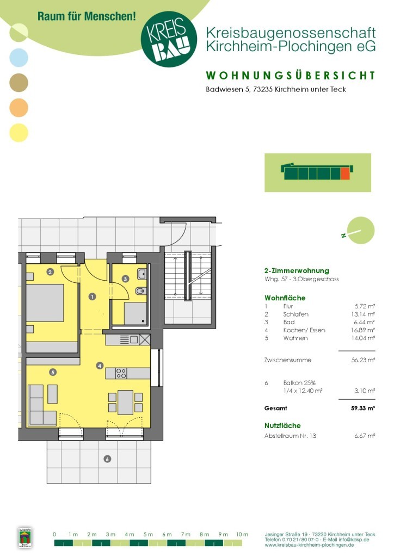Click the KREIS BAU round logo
click(169, 39)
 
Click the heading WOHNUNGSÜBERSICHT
click(291, 76)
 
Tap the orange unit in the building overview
click(346, 174)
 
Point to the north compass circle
click(361, 231)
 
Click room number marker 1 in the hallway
click(93, 296)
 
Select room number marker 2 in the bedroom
click(50, 272)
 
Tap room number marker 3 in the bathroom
click(125, 279)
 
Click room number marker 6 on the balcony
click(107, 459)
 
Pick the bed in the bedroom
click(45, 302)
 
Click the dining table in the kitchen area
click(125, 403)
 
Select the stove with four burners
click(121, 373)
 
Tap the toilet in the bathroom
click(141, 292)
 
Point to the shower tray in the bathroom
click(136, 313)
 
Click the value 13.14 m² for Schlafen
click(363, 314)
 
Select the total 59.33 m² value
click(363, 408)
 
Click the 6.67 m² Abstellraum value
click(365, 436)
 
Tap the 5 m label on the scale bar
click(148, 534)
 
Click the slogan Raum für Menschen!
click(87, 16)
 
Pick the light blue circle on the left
click(19, 58)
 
